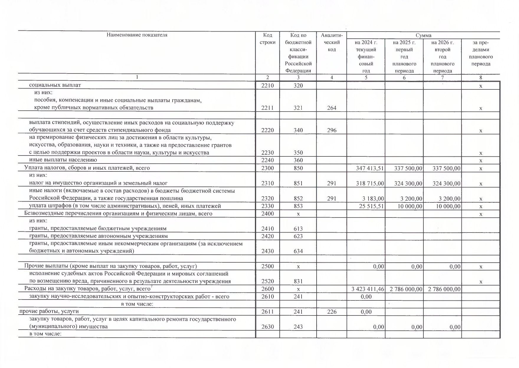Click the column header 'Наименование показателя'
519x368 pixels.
pos(137,35)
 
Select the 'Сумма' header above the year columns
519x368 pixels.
pos(423,35)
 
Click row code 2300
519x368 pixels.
pos(267,168)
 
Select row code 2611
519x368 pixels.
pos(267,312)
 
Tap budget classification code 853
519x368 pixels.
pos(298,206)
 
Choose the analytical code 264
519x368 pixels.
pos(332,108)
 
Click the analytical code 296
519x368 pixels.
pos(332,130)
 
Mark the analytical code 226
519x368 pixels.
pos(332,312)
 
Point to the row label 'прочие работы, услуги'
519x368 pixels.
pos(49,311)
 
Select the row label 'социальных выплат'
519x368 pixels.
pos(55,85)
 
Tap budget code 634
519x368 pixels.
pos(298,251)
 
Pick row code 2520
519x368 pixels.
pos(267,282)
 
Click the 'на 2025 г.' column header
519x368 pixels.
pos(404,42)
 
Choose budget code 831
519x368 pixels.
pos(298,282)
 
